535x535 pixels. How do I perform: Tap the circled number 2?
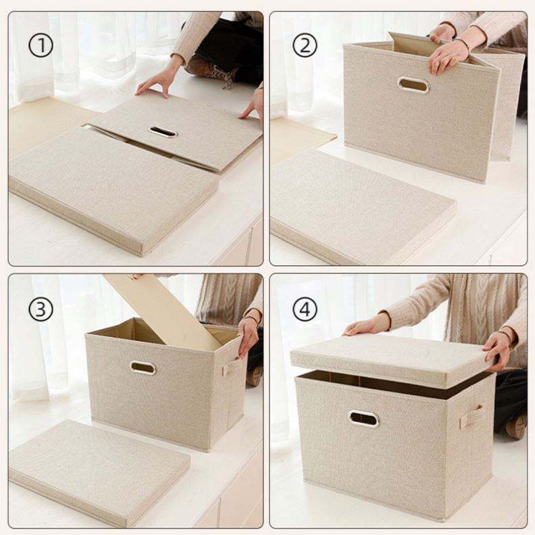pos(305,45)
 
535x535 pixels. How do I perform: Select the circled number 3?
pos(41,309)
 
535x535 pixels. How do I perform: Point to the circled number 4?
pos(305,309)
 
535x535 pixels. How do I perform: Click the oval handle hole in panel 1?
pos(163,132)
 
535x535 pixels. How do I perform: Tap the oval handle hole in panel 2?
pos(413,84)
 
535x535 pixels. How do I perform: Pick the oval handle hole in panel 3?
pos(143,367)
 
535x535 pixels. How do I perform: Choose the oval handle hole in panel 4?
pos(363,419)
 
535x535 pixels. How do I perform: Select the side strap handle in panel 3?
pos(232,367)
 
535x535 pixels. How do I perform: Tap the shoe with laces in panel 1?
pos(211,70)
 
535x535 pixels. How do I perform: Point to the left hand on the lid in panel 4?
pos(365,326)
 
